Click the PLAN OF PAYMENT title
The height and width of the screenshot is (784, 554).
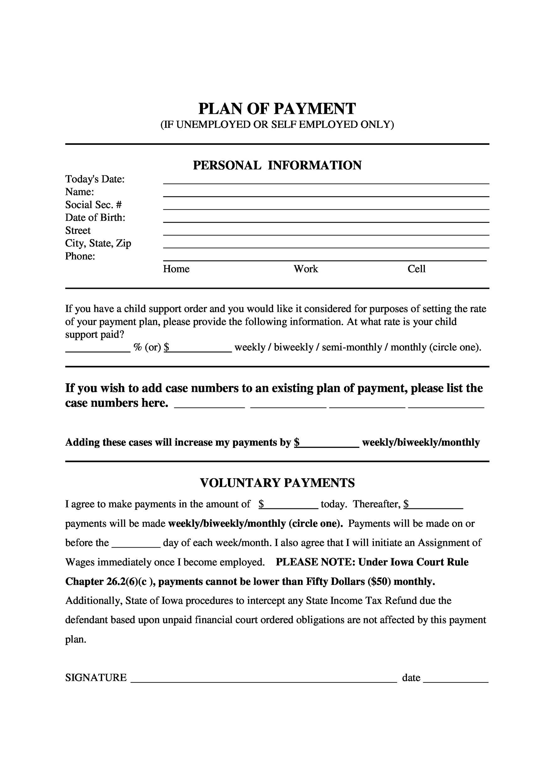point(277,109)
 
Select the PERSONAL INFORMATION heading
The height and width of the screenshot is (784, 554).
point(277,165)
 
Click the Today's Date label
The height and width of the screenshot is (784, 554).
point(95,179)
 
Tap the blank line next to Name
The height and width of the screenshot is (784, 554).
point(326,193)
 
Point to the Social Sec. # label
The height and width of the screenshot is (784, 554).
point(93,204)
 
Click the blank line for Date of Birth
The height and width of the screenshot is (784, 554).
point(326,219)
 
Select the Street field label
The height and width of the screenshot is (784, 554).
point(78,230)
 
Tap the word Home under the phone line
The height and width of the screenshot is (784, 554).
point(176,269)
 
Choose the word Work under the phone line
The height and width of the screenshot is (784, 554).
point(305,269)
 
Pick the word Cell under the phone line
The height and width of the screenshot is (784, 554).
point(416,269)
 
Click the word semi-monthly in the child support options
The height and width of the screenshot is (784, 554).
point(351,347)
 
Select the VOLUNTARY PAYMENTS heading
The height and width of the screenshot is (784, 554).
point(277,483)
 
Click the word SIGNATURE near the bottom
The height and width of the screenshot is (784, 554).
point(96,677)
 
